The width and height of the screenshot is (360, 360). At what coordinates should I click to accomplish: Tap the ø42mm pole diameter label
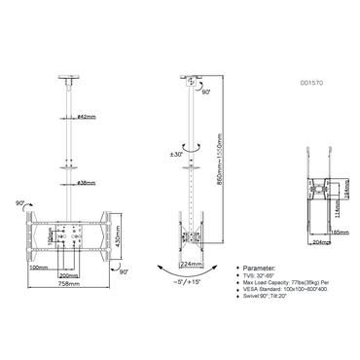coord(85,118)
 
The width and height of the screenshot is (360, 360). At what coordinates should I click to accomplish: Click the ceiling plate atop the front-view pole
coord(70,76)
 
